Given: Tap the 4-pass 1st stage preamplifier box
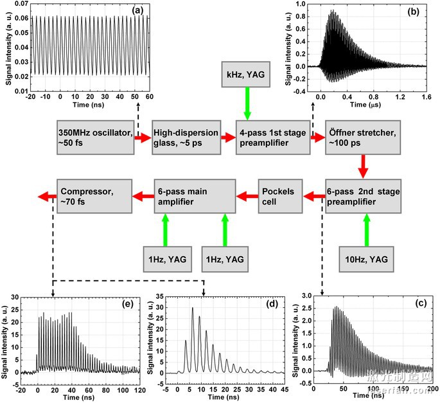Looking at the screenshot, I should pyautogui.click(x=272, y=137).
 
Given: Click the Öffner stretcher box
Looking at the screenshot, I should pyautogui.click(x=363, y=137).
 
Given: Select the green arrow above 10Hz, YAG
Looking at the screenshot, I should pyautogui.click(x=366, y=230).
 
